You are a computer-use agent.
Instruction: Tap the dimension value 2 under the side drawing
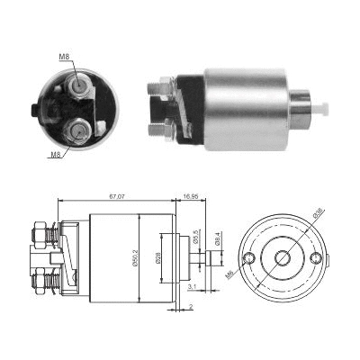pyautogui.click(x=191, y=307)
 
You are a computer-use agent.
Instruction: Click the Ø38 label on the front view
pyautogui.click(x=319, y=215)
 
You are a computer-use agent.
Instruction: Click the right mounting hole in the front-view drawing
pyautogui.click(x=314, y=259)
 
